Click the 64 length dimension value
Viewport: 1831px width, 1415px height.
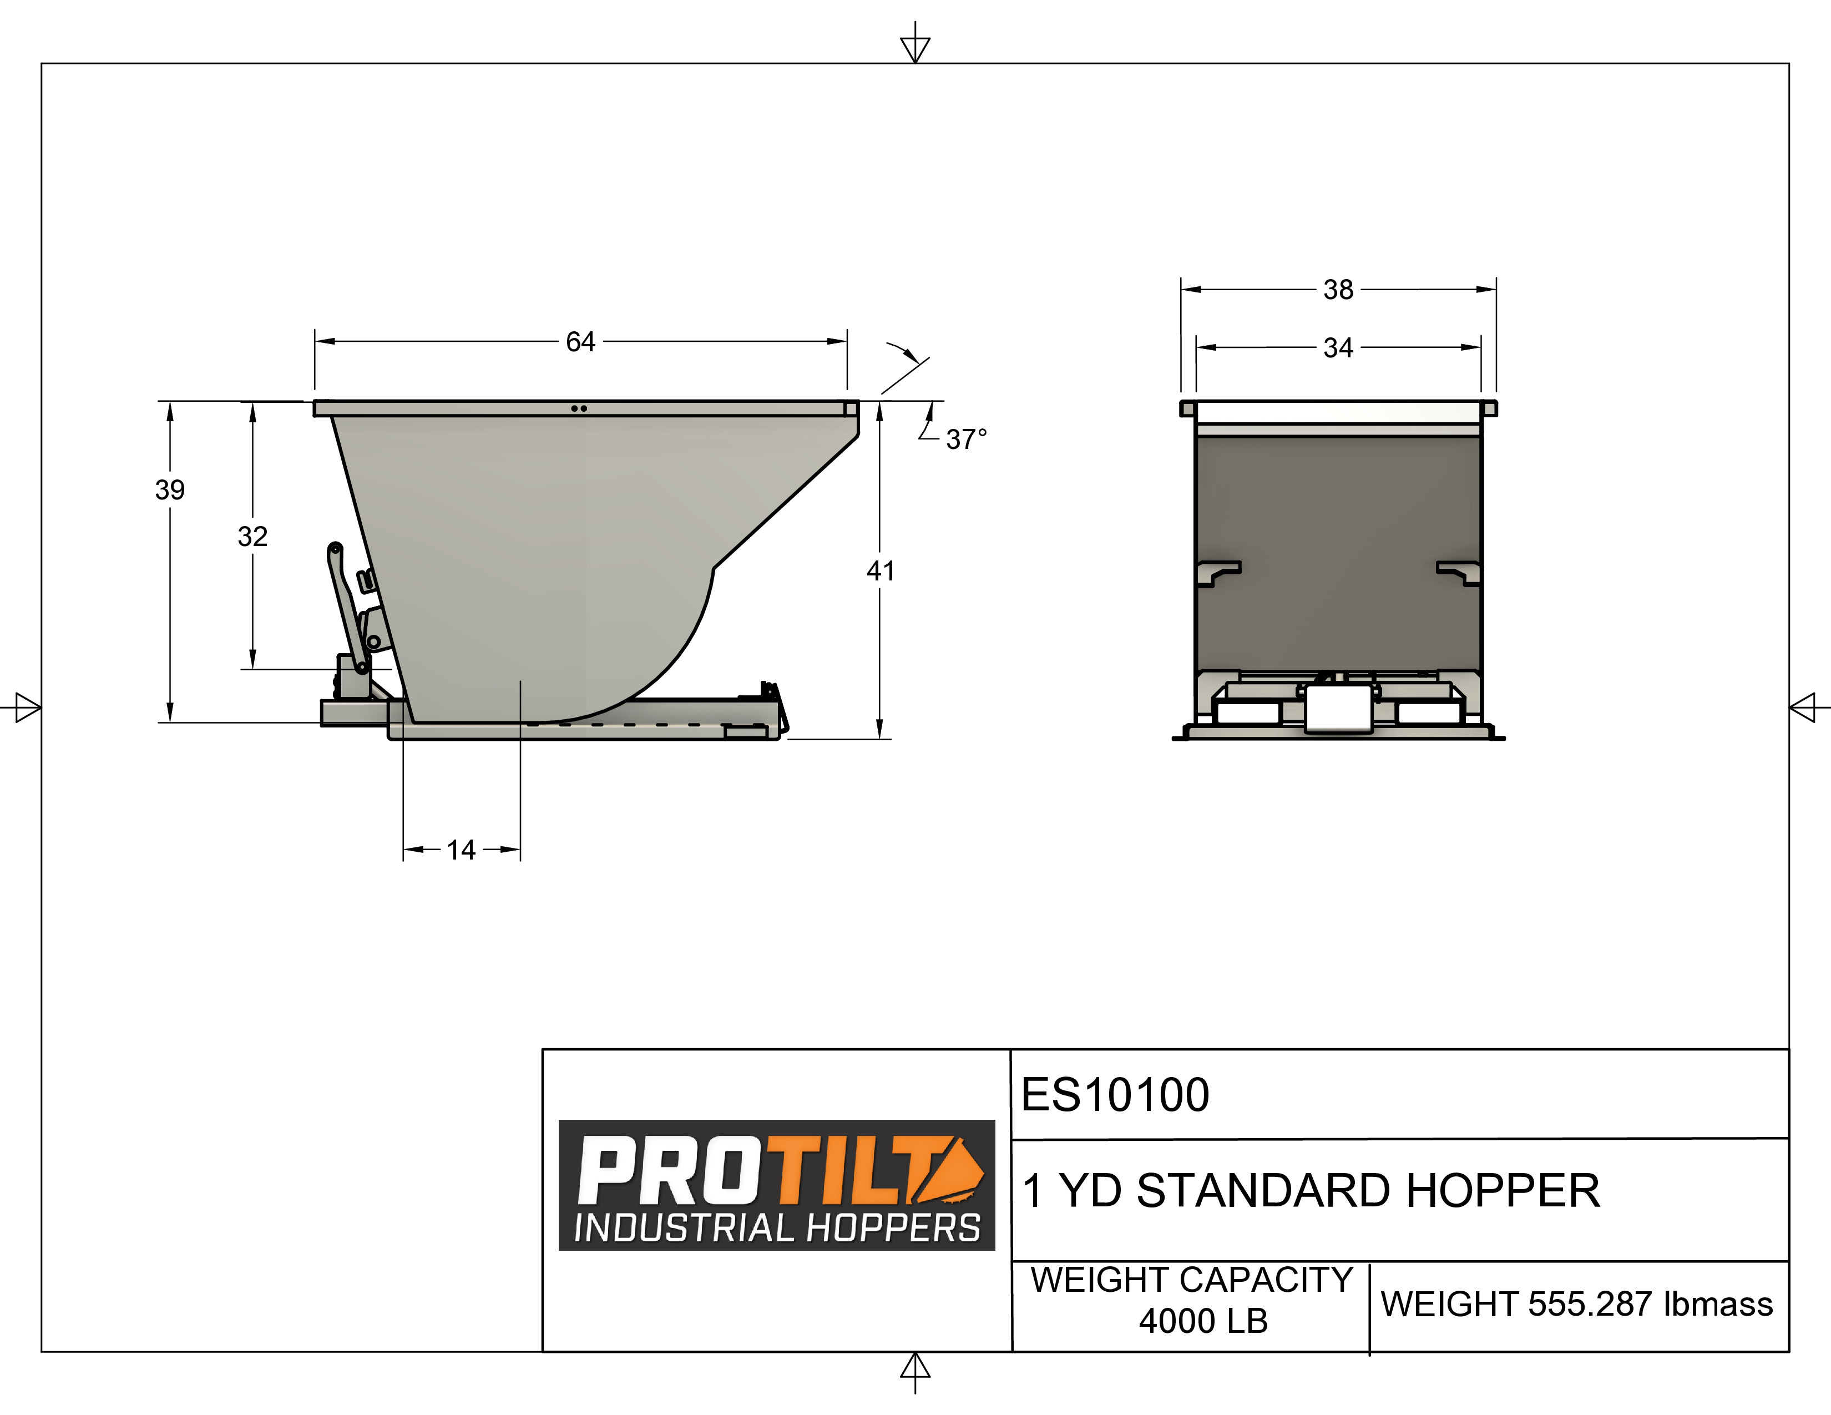click(x=580, y=342)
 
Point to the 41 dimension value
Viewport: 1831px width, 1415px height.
click(x=881, y=572)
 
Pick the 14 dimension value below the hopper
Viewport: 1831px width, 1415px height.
click(x=461, y=850)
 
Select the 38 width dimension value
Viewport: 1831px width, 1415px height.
click(x=1338, y=290)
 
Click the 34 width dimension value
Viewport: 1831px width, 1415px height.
click(x=1338, y=348)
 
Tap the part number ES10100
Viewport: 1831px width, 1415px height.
click(x=1115, y=1095)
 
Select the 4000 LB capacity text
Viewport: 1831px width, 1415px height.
click(x=1203, y=1322)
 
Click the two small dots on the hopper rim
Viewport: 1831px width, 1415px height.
click(x=579, y=409)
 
